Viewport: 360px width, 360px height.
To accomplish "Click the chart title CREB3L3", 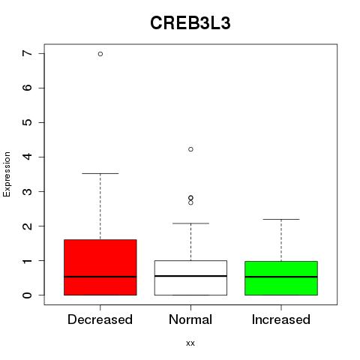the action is pyautogui.click(x=190, y=23).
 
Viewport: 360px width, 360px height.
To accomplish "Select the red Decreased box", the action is pyautogui.click(x=100, y=267).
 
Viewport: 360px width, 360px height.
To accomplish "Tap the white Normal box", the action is pyautogui.click(x=190, y=277).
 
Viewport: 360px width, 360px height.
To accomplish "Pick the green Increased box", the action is pyautogui.click(x=281, y=278).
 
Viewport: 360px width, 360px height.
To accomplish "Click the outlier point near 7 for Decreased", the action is pyautogui.click(x=100, y=54).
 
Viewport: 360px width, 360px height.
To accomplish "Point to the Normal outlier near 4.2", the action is pyautogui.click(x=190, y=149).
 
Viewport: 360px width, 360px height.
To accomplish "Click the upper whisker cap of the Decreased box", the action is pyautogui.click(x=100, y=173).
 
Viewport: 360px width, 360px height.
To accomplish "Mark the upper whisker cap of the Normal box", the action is pyautogui.click(x=190, y=223).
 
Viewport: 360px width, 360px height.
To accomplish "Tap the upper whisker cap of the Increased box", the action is pyautogui.click(x=281, y=219).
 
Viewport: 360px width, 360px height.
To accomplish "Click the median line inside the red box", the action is pyautogui.click(x=100, y=277).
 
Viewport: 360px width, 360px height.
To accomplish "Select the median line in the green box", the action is pyautogui.click(x=281, y=277).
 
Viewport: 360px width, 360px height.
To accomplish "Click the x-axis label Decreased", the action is pyautogui.click(x=100, y=319).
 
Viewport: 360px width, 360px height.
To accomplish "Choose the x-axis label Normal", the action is pyautogui.click(x=190, y=319).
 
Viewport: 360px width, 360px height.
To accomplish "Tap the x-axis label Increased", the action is pyautogui.click(x=281, y=319).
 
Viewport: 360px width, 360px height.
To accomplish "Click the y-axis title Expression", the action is pyautogui.click(x=7, y=174).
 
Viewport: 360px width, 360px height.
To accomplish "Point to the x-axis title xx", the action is pyautogui.click(x=190, y=343).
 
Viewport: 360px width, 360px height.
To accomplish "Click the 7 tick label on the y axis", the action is pyautogui.click(x=27, y=53).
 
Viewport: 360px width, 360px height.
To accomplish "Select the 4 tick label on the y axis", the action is pyautogui.click(x=27, y=157).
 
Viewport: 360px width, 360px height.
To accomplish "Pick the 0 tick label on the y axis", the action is pyautogui.click(x=27, y=295).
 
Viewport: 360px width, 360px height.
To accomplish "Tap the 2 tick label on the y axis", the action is pyautogui.click(x=27, y=226).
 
